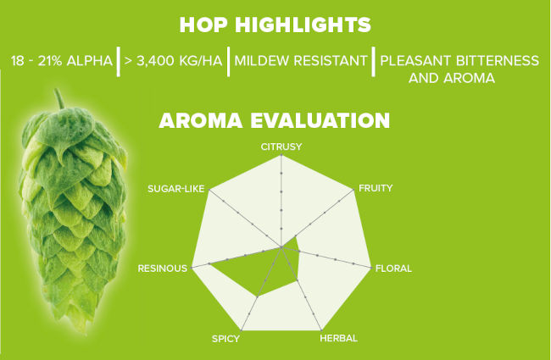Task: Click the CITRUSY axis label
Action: click(x=281, y=147)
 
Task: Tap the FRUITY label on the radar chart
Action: click(x=376, y=188)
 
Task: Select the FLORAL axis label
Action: click(x=393, y=269)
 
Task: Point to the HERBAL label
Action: click(x=339, y=338)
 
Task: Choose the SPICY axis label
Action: click(x=225, y=339)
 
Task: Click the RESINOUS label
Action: click(x=163, y=269)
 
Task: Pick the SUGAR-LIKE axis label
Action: click(x=175, y=189)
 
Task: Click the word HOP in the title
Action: click(x=203, y=25)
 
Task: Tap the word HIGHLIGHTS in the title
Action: click(x=303, y=25)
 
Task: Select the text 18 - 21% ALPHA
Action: click(x=62, y=61)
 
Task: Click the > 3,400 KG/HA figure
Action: click(x=174, y=61)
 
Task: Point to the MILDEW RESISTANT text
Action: click(x=301, y=61)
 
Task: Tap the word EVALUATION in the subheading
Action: click(x=320, y=120)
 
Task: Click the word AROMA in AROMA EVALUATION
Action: click(x=201, y=120)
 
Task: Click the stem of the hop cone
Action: click(x=59, y=99)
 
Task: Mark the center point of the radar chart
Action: click(x=281, y=247)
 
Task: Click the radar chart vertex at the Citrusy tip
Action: click(x=281, y=155)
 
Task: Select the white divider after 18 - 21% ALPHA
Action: click(x=119, y=61)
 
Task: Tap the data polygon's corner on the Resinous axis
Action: click(x=209, y=263)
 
